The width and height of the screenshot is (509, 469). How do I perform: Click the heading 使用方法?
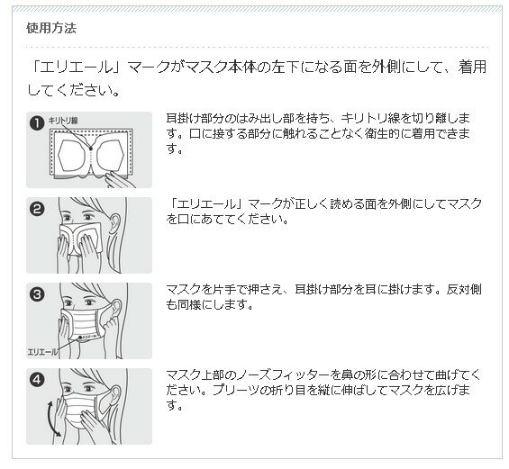pos(51,28)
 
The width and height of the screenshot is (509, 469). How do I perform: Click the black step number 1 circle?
pos(37,123)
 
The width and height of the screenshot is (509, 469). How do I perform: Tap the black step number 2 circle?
pos(37,209)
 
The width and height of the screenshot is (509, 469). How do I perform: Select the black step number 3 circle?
pos(37,294)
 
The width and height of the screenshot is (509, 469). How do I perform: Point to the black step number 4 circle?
pos(37,380)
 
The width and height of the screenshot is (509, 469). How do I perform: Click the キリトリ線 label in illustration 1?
pos(63,121)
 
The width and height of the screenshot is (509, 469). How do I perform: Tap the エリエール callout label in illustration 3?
pos(42,352)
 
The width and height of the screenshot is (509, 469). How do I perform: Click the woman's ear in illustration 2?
pos(114,223)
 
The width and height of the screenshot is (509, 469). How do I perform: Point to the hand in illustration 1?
pos(119,179)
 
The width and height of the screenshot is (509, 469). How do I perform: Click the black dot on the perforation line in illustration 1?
pos(91,149)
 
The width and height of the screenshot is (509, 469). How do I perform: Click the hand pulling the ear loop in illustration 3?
pos(112,323)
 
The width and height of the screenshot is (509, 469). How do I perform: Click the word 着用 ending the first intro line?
pos(472,68)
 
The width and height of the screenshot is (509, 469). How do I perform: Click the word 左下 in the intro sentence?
pos(286,68)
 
